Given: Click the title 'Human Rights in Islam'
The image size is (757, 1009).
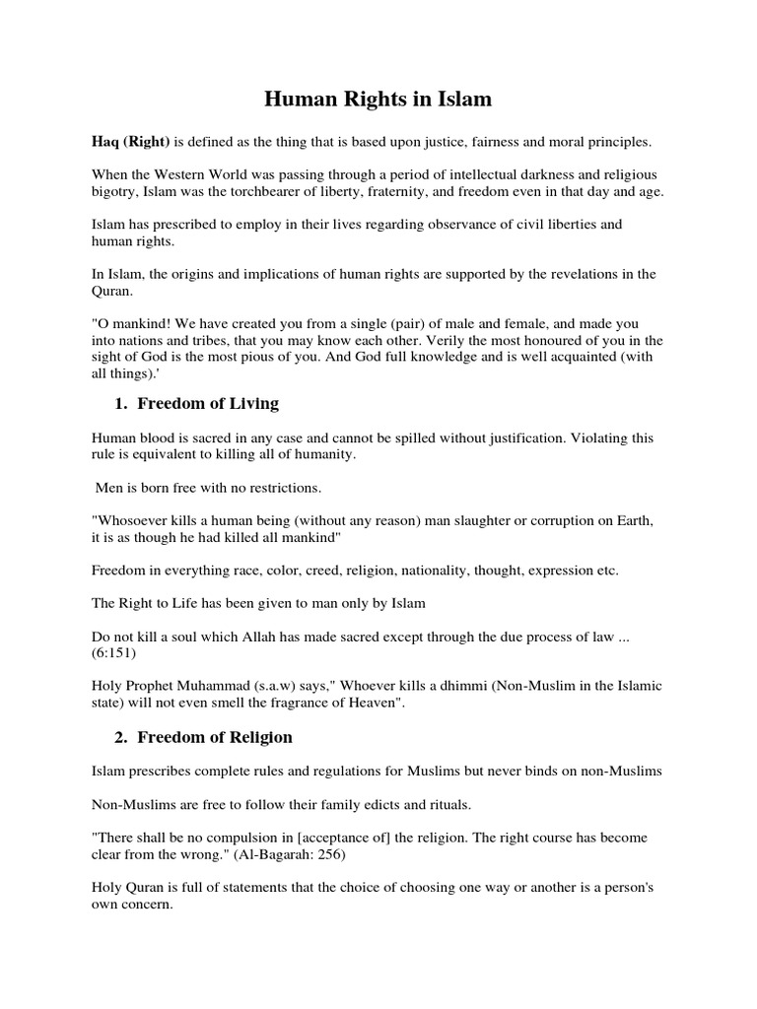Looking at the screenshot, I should click(x=378, y=100).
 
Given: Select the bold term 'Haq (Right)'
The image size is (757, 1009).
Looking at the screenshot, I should click(x=131, y=142).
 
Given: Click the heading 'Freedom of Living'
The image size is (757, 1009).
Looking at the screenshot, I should click(x=208, y=403).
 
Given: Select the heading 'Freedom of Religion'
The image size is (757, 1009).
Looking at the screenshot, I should click(x=215, y=737).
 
